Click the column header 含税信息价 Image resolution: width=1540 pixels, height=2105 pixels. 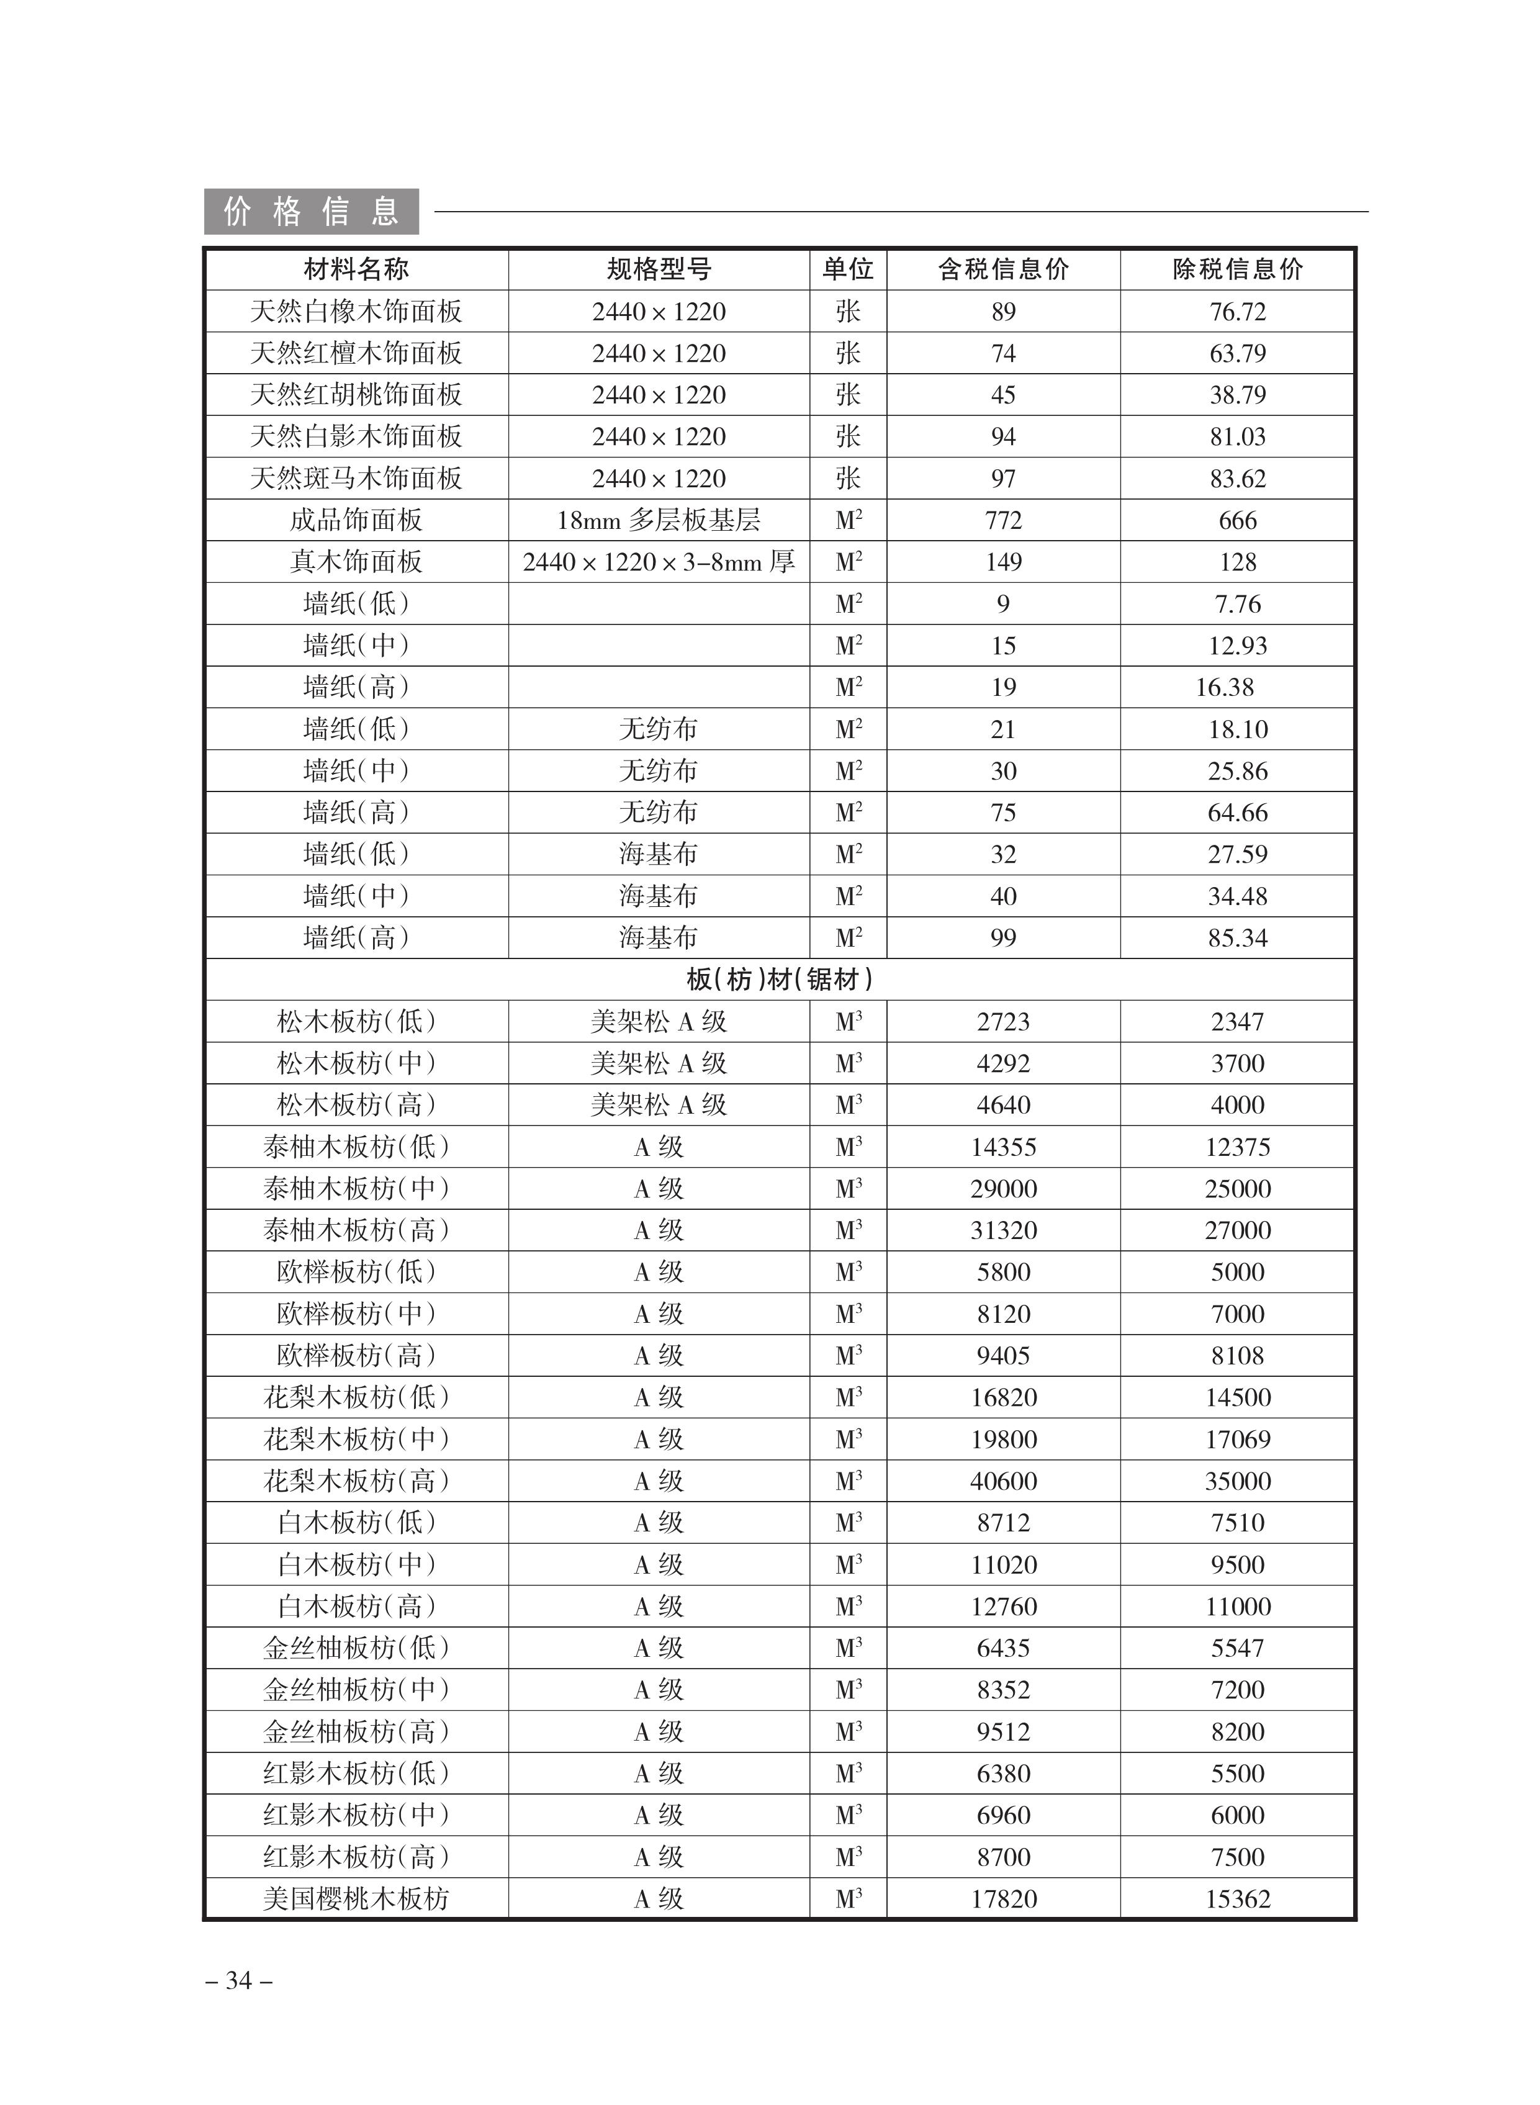coord(1003,269)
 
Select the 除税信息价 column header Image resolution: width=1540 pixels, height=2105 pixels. coord(1237,269)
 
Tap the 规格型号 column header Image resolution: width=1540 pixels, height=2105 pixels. coord(659,269)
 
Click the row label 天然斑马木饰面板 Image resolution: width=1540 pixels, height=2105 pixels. coord(356,478)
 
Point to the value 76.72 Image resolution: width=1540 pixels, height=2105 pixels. coord(1237,312)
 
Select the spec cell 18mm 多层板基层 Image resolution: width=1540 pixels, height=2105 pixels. coord(659,520)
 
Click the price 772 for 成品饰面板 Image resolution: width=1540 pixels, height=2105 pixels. coord(1003,520)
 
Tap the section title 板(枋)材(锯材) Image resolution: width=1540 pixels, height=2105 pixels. coord(780,980)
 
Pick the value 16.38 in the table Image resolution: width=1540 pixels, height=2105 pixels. coord(1224,687)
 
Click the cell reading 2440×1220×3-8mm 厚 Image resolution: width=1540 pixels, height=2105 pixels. coord(659,562)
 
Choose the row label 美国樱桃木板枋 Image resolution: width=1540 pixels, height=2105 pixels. coord(356,1899)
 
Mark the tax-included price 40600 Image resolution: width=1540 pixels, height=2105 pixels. coord(1003,1481)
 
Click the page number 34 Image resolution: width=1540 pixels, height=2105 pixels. coord(238,1980)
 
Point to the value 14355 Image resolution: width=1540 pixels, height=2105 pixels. coord(1003,1147)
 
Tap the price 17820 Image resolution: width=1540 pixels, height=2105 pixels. coord(1003,1899)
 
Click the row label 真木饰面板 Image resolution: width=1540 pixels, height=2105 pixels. coord(356,562)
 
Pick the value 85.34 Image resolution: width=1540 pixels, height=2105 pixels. coord(1237,938)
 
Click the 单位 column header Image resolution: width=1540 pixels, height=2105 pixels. coord(847,269)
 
